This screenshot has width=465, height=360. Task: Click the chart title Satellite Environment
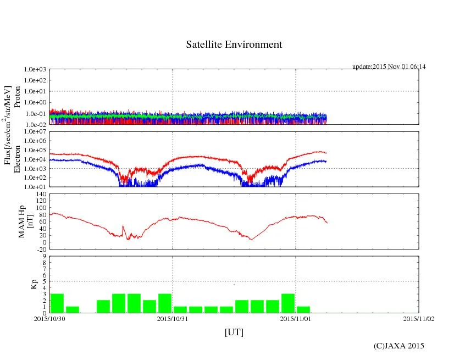234,45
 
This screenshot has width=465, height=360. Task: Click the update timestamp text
389,67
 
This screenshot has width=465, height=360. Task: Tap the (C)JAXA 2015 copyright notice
398,346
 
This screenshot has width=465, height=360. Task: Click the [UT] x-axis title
234,332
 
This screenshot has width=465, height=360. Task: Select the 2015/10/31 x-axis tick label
173,318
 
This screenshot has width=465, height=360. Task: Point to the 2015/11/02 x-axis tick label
418,318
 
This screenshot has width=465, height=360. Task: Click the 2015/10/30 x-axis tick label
49,318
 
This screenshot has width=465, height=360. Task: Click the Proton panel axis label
17,97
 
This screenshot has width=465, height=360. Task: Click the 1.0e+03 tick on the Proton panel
35,70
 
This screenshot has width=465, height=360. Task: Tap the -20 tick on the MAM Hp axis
42,249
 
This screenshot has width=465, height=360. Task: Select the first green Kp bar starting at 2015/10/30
57,303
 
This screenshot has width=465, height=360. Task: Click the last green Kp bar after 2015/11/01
303,309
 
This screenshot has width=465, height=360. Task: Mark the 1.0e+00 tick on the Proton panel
35,103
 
